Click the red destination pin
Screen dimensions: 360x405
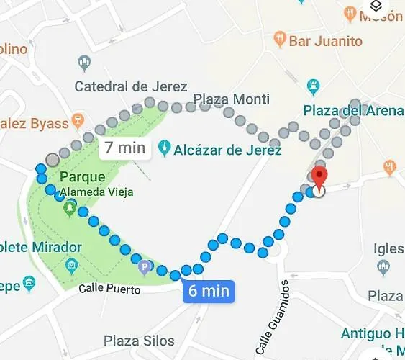click(321, 176)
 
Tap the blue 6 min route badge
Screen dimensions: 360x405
click(209, 291)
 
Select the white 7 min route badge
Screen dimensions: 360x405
click(125, 148)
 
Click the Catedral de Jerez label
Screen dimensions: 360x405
click(131, 87)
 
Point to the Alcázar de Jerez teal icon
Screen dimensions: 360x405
click(165, 148)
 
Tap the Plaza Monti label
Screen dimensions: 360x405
click(232, 99)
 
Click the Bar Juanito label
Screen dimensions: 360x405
click(325, 40)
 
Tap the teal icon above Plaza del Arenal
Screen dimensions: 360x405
click(312, 87)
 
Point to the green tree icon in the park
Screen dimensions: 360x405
click(70, 210)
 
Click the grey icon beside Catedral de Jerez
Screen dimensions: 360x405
click(85, 62)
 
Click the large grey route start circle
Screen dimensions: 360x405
click(53, 160)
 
